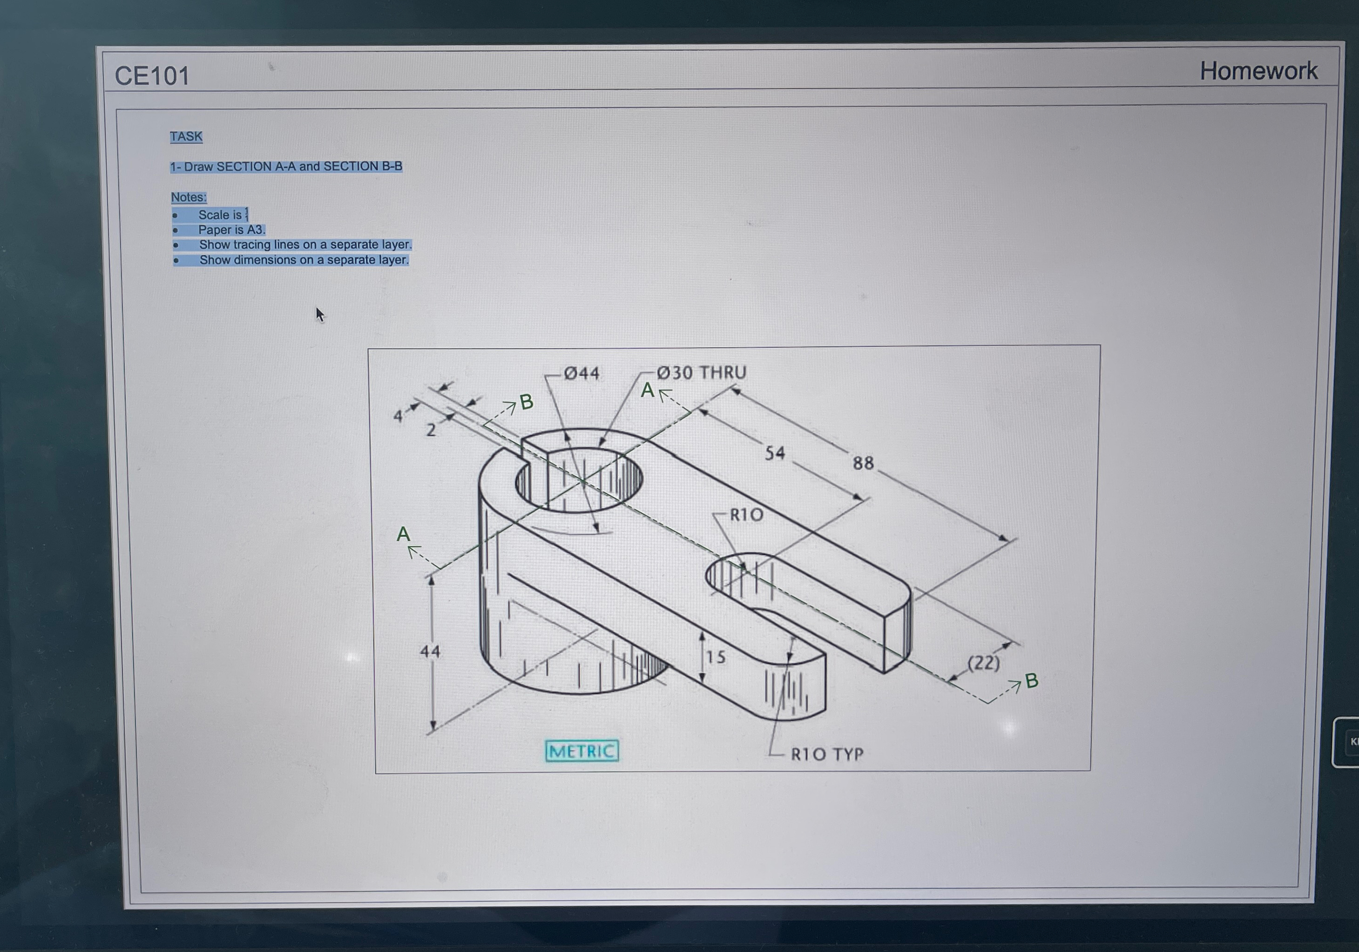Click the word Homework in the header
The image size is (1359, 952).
[1258, 72]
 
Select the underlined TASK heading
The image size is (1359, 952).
[186, 137]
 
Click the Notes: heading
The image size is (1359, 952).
[188, 197]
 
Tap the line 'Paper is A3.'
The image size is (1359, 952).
[231, 230]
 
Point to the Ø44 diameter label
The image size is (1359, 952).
[581, 373]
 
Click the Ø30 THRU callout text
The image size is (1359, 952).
[702, 373]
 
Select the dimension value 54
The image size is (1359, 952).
[774, 453]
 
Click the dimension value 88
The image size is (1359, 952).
[863, 463]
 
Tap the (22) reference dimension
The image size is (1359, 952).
[983, 662]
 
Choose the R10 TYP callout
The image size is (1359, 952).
[827, 754]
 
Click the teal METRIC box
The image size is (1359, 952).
[581, 751]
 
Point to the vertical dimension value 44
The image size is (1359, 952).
[430, 651]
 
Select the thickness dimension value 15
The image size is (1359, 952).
[716, 657]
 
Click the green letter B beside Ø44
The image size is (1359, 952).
[526, 402]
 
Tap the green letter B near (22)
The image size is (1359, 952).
[1031, 681]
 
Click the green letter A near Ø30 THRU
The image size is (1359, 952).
[648, 391]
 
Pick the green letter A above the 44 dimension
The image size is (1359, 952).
[403, 534]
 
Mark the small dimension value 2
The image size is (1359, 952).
[431, 430]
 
